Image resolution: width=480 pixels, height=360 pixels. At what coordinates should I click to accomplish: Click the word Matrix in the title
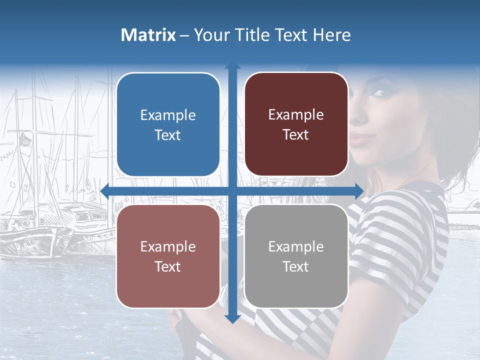[x=148, y=35]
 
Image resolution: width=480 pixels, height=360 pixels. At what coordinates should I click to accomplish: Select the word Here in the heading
[x=331, y=35]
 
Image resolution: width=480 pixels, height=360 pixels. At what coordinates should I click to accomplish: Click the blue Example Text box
[x=168, y=124]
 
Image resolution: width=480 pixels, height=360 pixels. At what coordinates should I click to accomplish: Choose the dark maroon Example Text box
[x=296, y=124]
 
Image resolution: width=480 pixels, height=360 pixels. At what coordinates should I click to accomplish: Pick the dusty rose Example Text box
[x=168, y=256]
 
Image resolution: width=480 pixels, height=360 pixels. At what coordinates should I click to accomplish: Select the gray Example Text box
[x=296, y=256]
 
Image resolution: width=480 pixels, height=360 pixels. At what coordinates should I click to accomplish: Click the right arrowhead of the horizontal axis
[x=359, y=191]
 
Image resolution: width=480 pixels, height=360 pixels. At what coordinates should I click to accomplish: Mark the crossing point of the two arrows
[x=232, y=191]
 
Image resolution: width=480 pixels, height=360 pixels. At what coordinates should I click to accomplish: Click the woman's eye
[x=377, y=93]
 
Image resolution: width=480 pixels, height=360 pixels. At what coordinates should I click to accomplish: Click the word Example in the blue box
[x=168, y=115]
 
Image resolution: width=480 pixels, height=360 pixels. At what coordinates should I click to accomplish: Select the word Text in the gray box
[x=296, y=266]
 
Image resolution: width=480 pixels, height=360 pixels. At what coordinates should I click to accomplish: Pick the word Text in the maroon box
[x=296, y=134]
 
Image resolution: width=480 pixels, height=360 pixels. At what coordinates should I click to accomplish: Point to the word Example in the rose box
[x=168, y=247]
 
